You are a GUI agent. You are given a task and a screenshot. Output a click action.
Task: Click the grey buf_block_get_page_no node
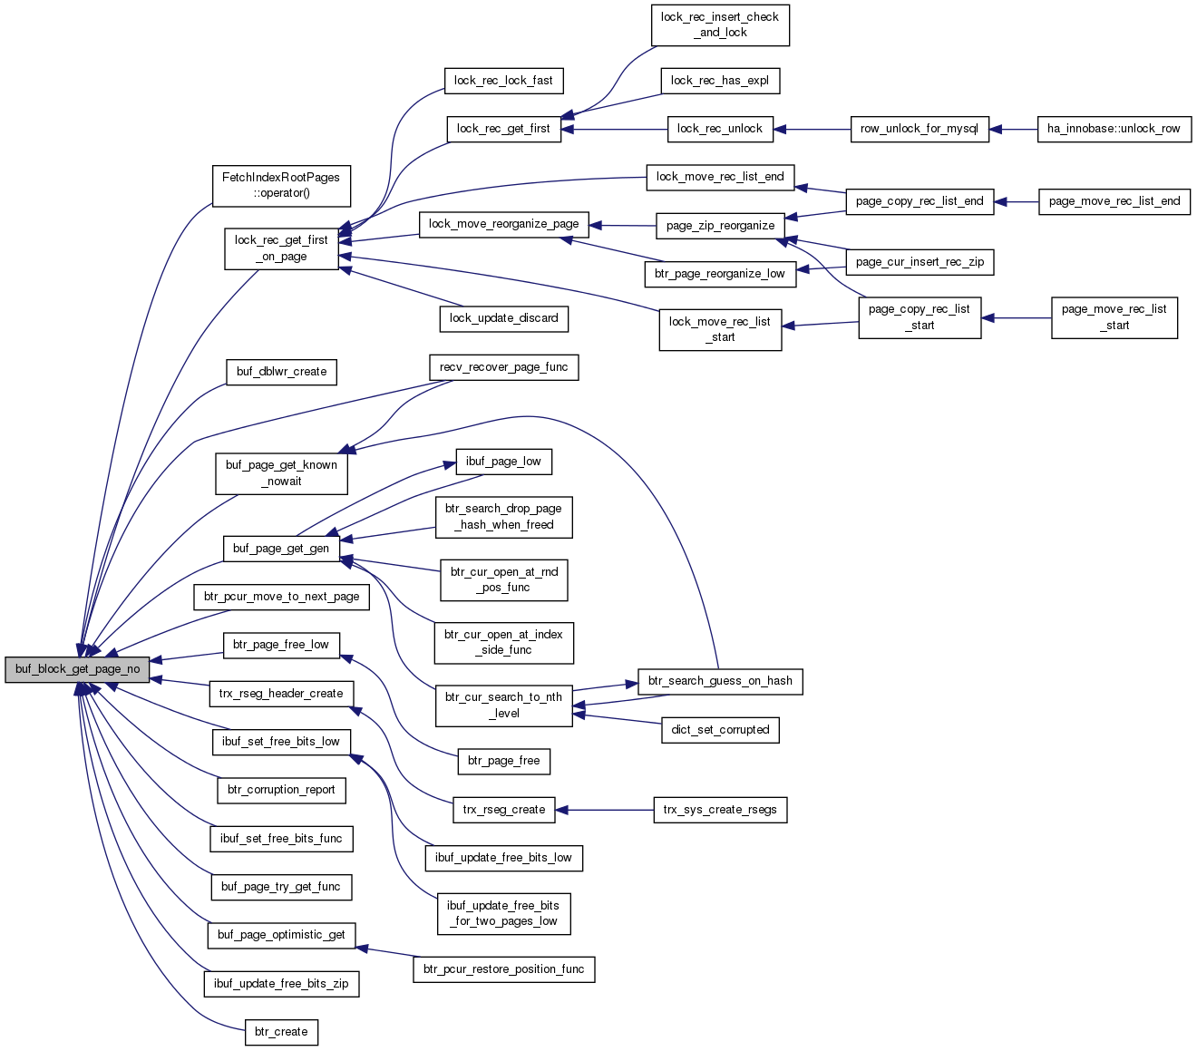tap(77, 669)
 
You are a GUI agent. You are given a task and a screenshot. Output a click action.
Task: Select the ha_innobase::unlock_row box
tap(1114, 129)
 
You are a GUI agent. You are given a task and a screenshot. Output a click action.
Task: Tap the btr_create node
tap(281, 1032)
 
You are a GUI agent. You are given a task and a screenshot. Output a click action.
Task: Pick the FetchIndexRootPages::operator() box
tap(281, 186)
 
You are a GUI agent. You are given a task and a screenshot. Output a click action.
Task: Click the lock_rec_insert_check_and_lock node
tap(720, 24)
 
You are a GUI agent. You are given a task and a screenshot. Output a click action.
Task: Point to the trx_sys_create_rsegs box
tap(720, 810)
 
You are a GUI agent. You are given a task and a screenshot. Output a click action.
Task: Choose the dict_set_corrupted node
tap(720, 730)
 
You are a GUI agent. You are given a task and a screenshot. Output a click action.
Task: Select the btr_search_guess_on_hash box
tap(720, 682)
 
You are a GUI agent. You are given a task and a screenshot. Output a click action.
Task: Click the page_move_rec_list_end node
tap(1114, 202)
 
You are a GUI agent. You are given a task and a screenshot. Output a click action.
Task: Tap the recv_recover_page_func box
tap(504, 367)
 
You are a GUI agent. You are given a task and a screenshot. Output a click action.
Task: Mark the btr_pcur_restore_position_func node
tap(504, 969)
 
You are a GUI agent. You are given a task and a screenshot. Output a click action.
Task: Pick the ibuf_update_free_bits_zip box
tap(281, 984)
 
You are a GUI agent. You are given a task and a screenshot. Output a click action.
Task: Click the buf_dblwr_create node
tap(281, 372)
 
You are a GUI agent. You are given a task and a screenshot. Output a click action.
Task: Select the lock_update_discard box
tap(504, 319)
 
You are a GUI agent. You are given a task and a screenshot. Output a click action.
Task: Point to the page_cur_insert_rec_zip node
tap(920, 262)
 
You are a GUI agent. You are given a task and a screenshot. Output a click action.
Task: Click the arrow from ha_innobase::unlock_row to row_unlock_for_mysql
tap(1013, 129)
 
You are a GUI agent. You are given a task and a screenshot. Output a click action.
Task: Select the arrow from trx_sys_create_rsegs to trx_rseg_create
tap(605, 810)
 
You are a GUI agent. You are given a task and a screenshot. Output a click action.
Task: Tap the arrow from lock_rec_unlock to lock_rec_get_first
tap(615, 129)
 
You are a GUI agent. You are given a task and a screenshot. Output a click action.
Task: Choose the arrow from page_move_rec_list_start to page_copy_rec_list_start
tap(1017, 318)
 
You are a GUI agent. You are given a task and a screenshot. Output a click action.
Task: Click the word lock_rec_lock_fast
tap(503, 81)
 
